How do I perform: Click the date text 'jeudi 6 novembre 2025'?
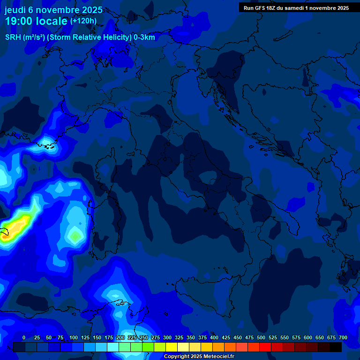(53, 10)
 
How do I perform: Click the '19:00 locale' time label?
(36, 21)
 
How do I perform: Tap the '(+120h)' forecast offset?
(83, 21)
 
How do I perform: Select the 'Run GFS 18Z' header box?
(296, 7)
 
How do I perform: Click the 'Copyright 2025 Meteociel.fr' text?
(199, 357)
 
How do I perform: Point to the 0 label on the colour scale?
(24, 337)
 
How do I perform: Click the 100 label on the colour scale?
(74, 337)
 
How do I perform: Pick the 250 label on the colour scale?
(144, 337)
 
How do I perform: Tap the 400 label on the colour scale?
(214, 337)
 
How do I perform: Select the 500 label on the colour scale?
(261, 337)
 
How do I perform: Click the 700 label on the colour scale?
(343, 337)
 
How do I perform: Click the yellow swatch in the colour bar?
(172, 347)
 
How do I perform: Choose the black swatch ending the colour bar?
(336, 347)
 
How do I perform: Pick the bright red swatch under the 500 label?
(265, 347)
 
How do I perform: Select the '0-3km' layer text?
(144, 37)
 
